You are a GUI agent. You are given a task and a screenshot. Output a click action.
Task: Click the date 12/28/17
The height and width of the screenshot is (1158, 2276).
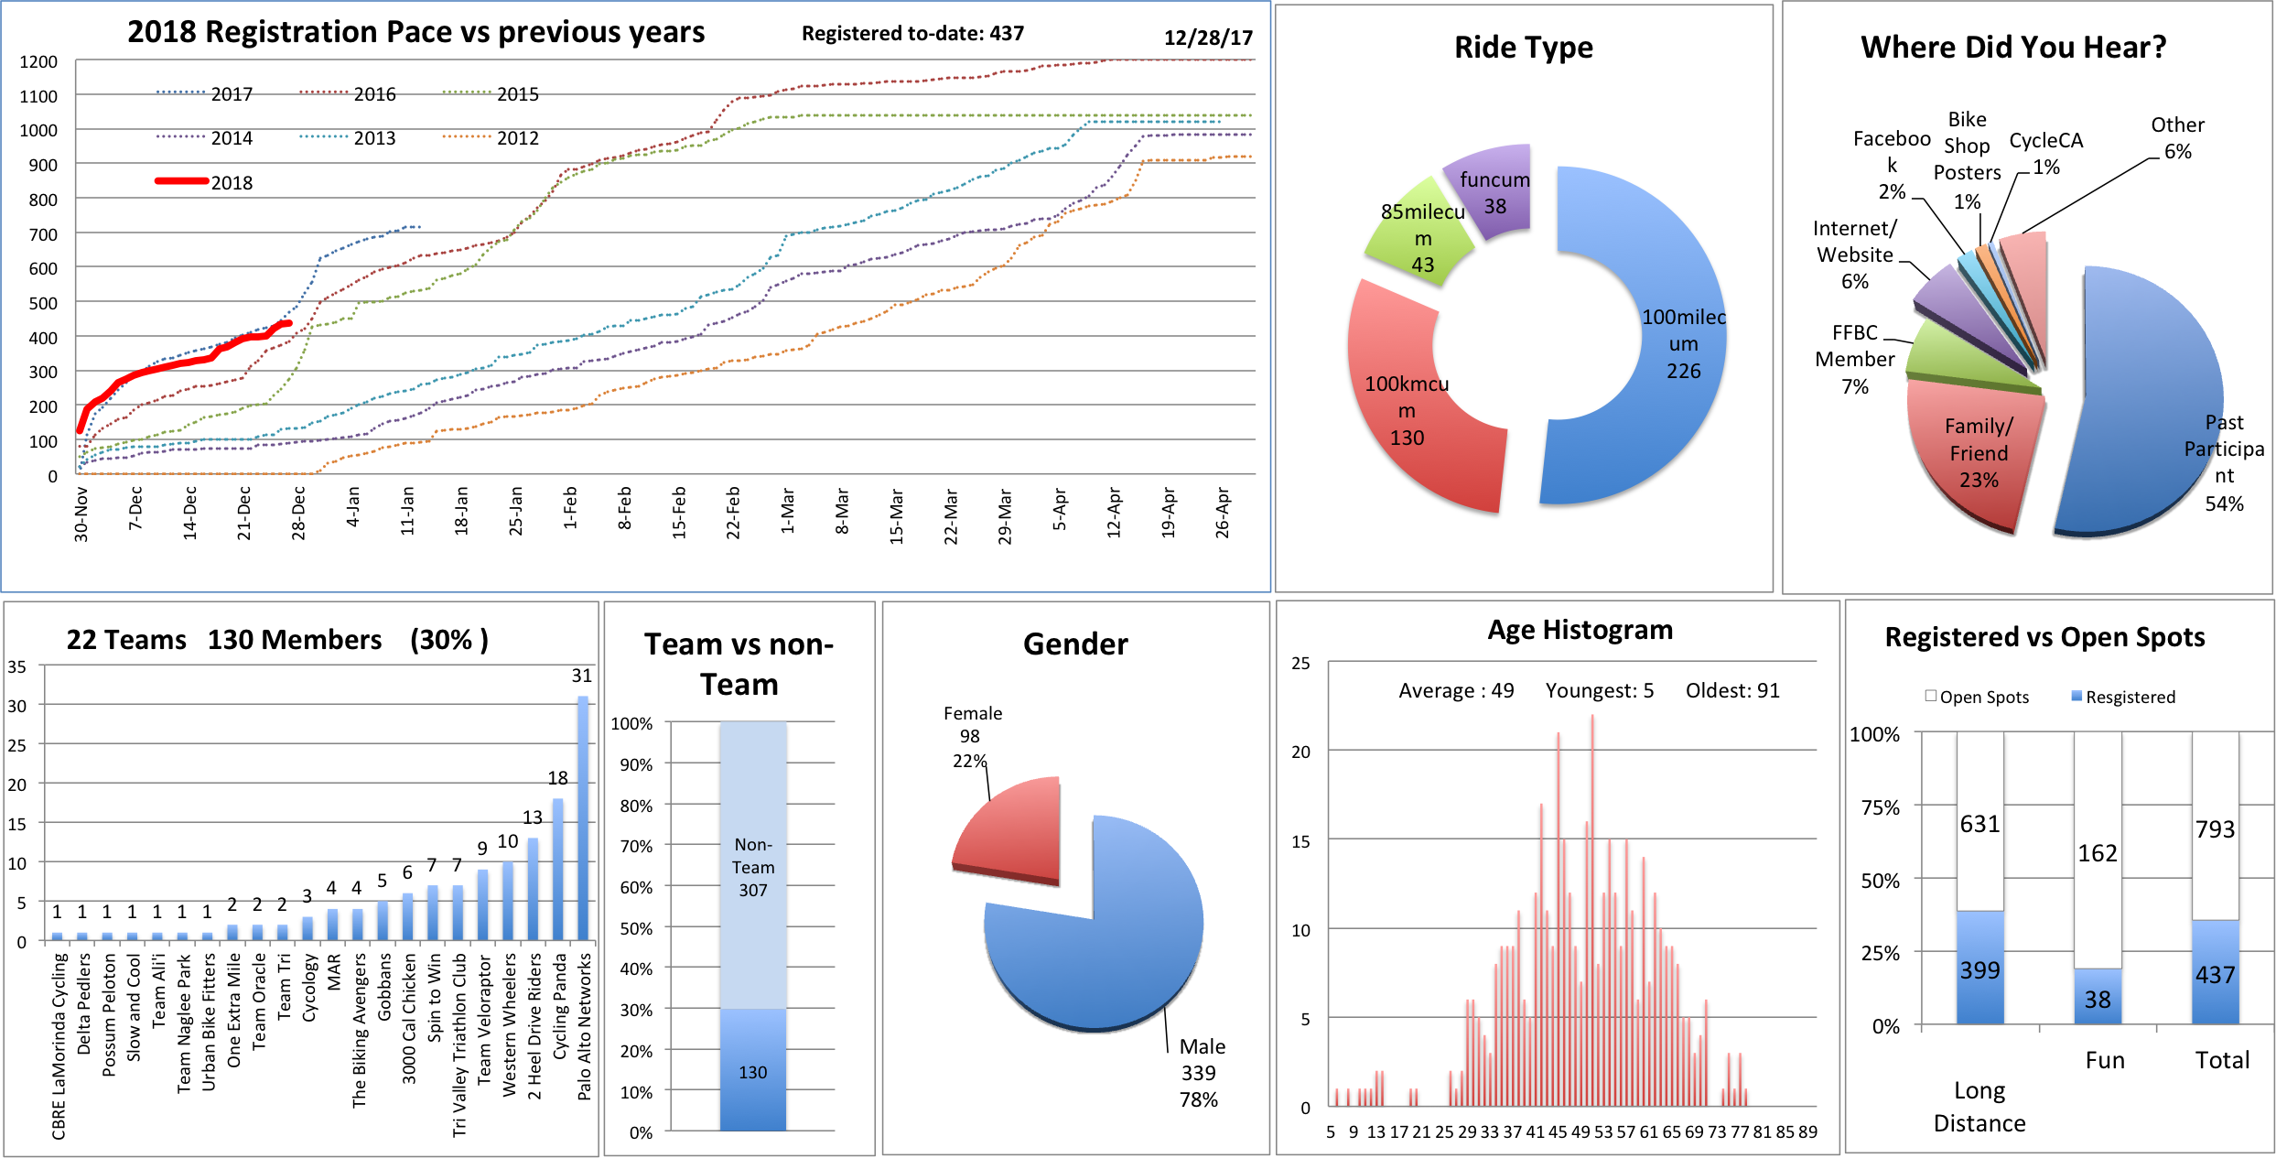point(1207,38)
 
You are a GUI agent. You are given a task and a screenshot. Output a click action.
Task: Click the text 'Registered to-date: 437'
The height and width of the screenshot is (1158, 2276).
point(912,34)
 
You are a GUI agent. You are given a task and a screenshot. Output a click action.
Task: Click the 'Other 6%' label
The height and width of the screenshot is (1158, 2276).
point(2177,138)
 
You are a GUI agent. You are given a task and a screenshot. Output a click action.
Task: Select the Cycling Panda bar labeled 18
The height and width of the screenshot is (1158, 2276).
point(558,870)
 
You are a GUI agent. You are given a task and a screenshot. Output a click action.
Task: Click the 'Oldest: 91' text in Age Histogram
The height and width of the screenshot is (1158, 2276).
point(1732,690)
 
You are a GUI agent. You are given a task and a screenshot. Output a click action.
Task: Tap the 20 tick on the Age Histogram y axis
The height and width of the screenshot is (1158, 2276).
point(1300,752)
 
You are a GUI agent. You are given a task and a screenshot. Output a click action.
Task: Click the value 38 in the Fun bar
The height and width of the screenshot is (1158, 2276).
point(2097,999)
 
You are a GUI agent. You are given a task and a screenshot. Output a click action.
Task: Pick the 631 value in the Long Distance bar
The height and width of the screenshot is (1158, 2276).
point(1979,824)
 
